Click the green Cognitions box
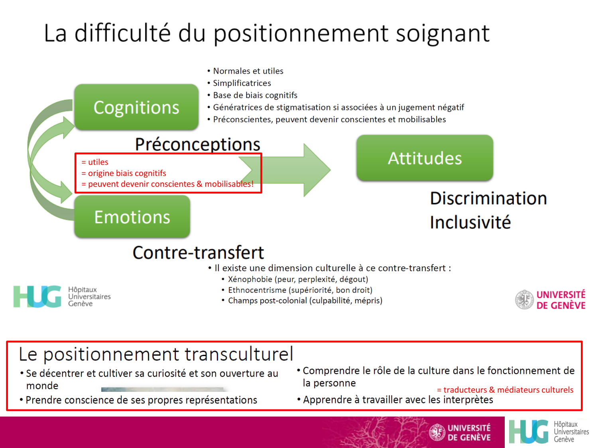[136, 107]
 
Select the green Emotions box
[132, 217]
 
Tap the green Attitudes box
[425, 158]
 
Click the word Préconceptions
[197, 144]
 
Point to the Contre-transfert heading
[198, 252]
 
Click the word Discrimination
[488, 198]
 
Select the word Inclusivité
[470, 222]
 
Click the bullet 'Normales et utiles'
[248, 71]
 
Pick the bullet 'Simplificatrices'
[242, 83]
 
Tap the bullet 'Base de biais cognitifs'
[255, 95]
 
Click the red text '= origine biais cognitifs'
[124, 173]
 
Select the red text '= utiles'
[95, 162]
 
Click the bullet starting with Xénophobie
[298, 279]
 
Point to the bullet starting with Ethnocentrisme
[300, 290]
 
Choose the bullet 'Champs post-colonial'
[305, 301]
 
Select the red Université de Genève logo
[551, 299]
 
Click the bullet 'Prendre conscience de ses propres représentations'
[141, 400]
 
